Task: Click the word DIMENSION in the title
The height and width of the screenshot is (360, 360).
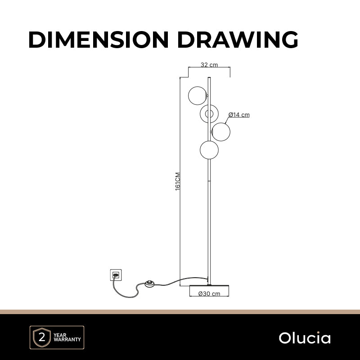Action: (x=99, y=40)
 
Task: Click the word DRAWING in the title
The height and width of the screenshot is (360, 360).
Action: (x=238, y=40)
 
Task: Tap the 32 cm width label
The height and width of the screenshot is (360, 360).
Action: (x=209, y=65)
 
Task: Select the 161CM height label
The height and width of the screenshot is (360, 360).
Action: (x=178, y=181)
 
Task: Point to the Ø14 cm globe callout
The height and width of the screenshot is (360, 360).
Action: (x=239, y=115)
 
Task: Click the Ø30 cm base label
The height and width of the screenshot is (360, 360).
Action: (x=209, y=294)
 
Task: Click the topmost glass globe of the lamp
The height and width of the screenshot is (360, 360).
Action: (x=197, y=96)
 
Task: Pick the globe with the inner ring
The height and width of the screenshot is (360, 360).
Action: (x=209, y=114)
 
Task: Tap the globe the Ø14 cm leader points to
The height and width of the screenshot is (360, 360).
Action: (x=221, y=132)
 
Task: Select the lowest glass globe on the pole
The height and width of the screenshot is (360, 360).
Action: (x=209, y=150)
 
